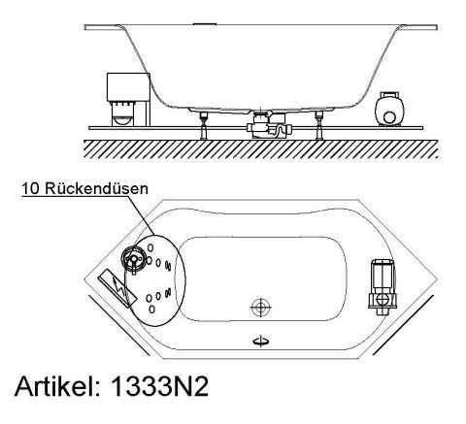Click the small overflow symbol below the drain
tap(260, 340)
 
